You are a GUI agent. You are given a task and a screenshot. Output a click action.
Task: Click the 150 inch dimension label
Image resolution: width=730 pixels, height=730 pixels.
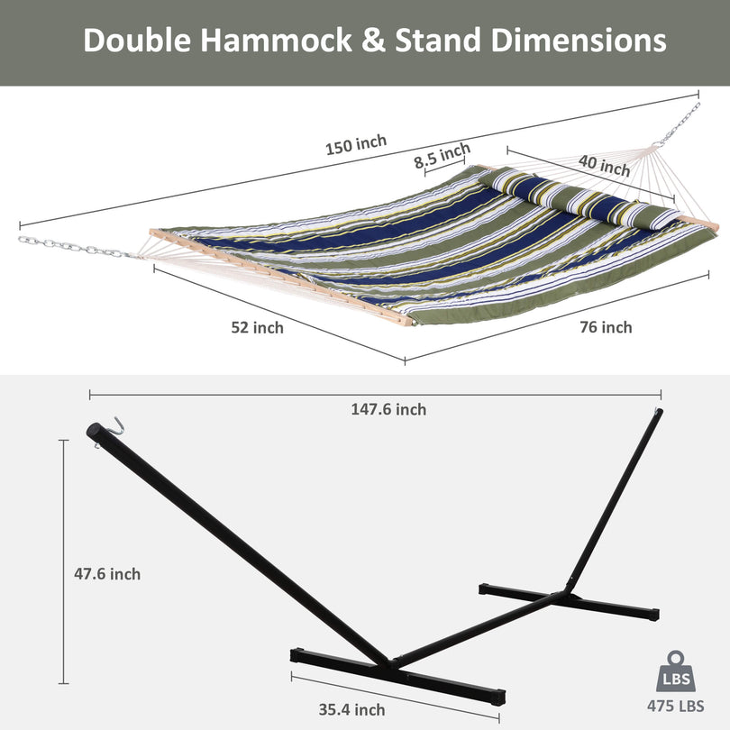pos(356,144)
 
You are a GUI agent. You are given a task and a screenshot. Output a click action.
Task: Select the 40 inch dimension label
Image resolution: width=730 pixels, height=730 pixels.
pos(603,165)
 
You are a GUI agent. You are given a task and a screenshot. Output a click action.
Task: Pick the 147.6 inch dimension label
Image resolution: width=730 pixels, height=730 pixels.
pos(388,409)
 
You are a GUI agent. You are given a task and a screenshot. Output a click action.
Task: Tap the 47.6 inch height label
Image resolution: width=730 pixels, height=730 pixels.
pos(107,574)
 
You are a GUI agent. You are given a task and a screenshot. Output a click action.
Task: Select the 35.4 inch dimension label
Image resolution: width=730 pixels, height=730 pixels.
pos(351,709)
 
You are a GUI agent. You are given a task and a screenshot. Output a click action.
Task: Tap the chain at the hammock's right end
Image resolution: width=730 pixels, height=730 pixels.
pos(680,124)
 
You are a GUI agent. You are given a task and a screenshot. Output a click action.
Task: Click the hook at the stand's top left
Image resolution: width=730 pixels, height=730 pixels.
pos(114,425)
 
